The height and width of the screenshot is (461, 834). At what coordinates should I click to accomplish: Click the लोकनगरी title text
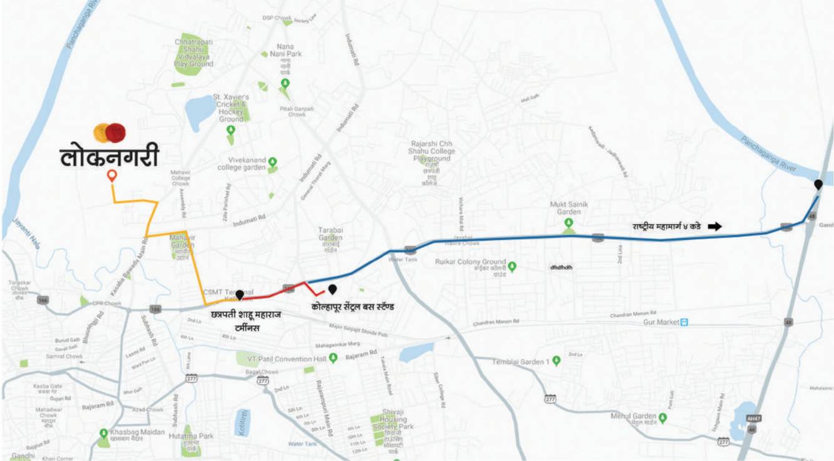point(110,157)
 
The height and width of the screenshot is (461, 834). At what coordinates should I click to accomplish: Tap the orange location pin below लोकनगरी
point(112,176)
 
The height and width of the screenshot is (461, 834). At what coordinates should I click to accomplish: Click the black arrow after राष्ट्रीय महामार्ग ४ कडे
point(715,226)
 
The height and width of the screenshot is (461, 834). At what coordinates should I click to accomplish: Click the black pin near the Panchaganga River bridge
point(818,184)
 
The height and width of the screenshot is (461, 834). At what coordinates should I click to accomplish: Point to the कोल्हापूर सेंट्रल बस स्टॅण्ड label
point(353,307)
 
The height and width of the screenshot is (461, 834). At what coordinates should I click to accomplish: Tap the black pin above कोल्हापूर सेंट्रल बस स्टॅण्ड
point(333,289)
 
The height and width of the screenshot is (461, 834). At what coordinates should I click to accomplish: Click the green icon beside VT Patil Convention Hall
point(333,358)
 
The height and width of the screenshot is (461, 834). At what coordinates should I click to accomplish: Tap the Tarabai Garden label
point(330,234)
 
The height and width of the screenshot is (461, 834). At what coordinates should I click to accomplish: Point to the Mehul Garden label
point(634,417)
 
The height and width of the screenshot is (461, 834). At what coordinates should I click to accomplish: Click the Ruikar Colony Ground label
point(470,262)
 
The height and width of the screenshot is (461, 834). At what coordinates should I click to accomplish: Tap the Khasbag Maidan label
point(137,432)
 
